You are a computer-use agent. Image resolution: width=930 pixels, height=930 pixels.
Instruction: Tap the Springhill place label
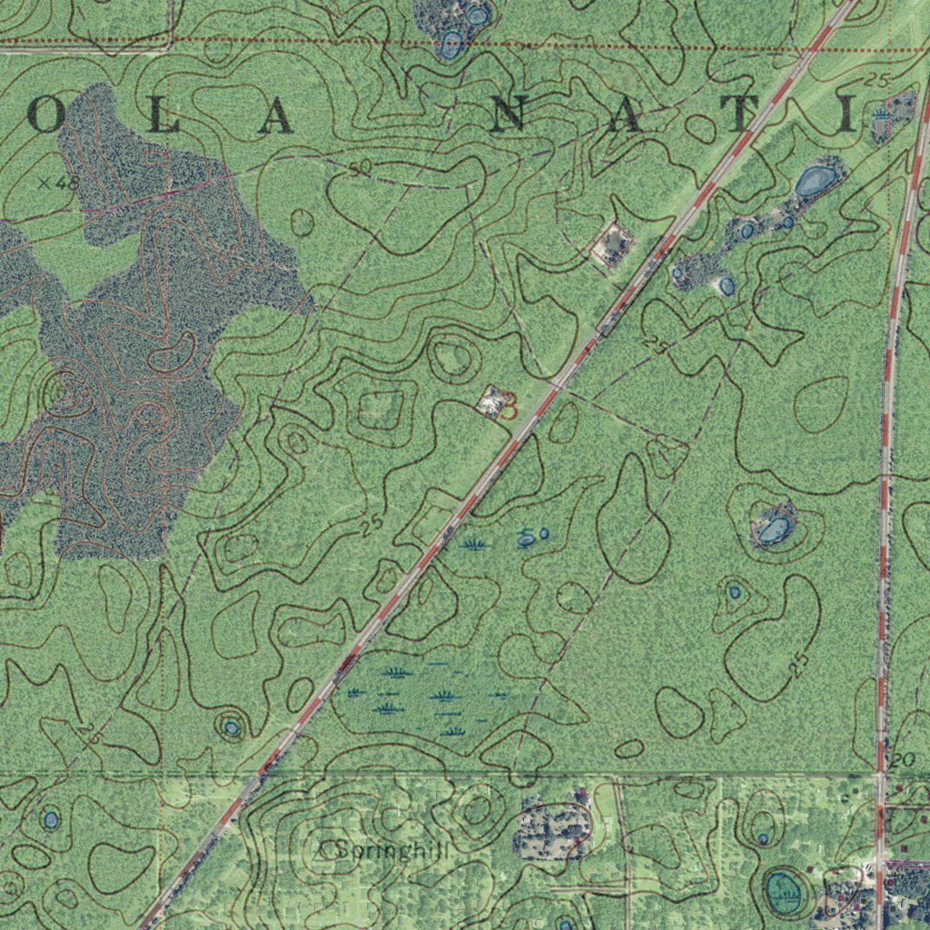(x=391, y=850)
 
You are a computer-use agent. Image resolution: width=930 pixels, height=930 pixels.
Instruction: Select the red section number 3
(x=510, y=406)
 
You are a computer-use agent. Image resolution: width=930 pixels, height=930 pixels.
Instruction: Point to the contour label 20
(x=902, y=760)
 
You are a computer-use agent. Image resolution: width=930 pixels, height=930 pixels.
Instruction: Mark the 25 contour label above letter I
(x=876, y=81)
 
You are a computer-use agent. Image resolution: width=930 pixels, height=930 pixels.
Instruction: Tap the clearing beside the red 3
(x=491, y=400)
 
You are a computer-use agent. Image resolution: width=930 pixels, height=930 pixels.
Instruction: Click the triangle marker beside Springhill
(x=321, y=851)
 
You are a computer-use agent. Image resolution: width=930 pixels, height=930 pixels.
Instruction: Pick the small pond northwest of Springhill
(x=232, y=727)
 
